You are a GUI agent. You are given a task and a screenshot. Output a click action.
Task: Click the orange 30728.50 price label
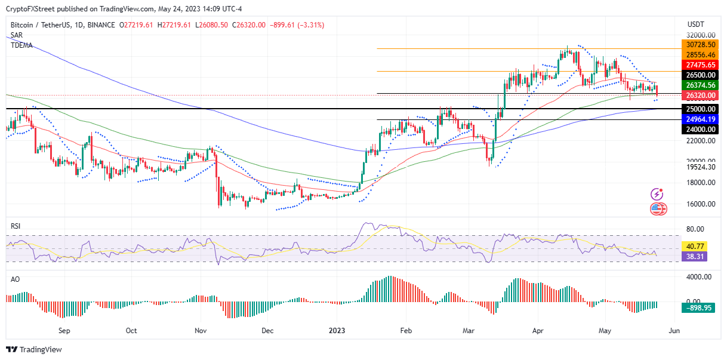pyautogui.click(x=700, y=45)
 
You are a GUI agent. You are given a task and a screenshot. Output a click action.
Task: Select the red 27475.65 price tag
pyautogui.click(x=700, y=64)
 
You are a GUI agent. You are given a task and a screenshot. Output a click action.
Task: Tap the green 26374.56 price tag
pyautogui.click(x=700, y=85)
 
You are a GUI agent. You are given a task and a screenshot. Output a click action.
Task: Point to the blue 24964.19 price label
pyautogui.click(x=700, y=119)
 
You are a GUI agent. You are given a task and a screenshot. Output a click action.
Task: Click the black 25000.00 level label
pyautogui.click(x=700, y=109)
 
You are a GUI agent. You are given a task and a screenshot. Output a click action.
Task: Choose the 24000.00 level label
pyautogui.click(x=700, y=129)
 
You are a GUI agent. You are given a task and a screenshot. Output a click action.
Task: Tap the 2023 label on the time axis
pyautogui.click(x=337, y=330)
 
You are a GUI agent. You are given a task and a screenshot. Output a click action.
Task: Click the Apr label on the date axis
pyautogui.click(x=539, y=330)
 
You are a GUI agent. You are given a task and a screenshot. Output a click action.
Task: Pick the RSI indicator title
pyautogui.click(x=16, y=226)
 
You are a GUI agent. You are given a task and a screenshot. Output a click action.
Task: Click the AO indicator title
pyautogui.click(x=16, y=279)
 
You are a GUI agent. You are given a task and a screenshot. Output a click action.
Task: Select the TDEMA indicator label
pyautogui.click(x=21, y=45)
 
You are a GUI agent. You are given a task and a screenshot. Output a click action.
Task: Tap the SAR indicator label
pyautogui.click(x=17, y=35)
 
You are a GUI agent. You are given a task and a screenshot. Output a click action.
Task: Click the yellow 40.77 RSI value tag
pyautogui.click(x=697, y=246)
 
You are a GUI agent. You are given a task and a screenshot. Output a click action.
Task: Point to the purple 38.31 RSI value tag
pyautogui.click(x=697, y=256)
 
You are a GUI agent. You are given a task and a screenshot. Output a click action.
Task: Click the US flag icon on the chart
pyautogui.click(x=658, y=209)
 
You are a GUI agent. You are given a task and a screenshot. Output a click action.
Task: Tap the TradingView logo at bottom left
pyautogui.click(x=34, y=349)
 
